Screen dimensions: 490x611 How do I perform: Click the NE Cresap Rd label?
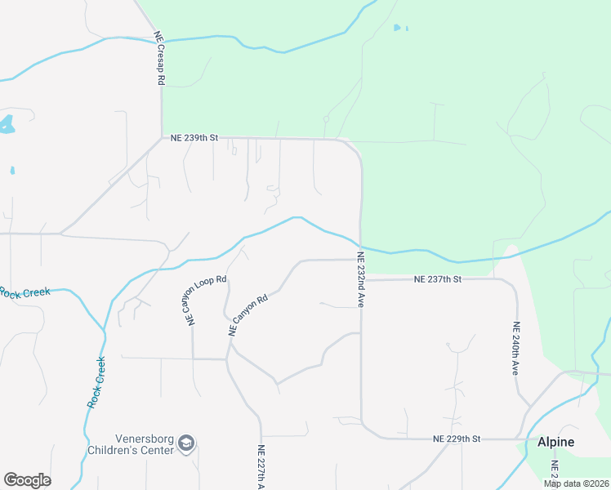click(x=160, y=59)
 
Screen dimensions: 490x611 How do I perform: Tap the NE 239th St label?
click(x=194, y=139)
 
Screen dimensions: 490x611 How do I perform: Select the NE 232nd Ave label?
click(x=359, y=279)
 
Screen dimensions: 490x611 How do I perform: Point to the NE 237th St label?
click(x=438, y=279)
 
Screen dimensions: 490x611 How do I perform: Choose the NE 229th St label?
click(x=457, y=439)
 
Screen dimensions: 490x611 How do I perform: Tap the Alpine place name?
click(x=555, y=442)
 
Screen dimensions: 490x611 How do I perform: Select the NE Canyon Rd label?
click(x=248, y=316)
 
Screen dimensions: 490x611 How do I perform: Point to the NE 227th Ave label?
click(x=261, y=465)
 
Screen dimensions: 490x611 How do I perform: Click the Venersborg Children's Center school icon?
click(x=186, y=443)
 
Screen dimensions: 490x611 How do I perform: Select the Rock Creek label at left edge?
click(x=25, y=292)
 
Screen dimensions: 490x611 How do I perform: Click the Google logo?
click(x=27, y=480)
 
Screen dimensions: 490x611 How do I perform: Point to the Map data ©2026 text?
click(x=575, y=483)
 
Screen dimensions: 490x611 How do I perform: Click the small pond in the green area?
click(x=398, y=28)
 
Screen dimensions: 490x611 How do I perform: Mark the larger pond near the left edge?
click(x=7, y=124)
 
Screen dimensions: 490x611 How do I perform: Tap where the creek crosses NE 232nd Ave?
click(x=360, y=244)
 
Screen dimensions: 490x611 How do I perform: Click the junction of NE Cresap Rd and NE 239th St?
click(x=162, y=139)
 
